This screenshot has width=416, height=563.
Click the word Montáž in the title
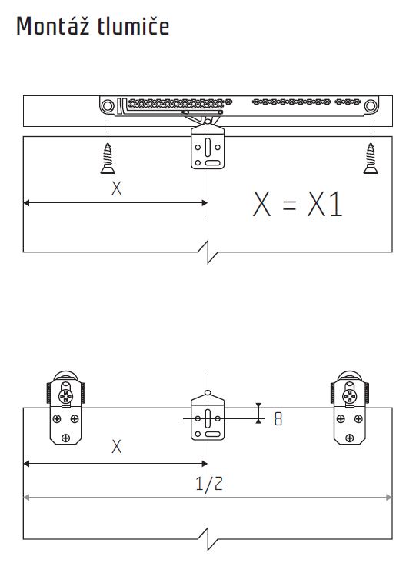coord(53,26)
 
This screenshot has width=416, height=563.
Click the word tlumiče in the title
coord(133,26)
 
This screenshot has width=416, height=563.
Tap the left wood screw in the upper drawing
coord(108,158)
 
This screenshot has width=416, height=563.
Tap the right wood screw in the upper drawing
coord(371,158)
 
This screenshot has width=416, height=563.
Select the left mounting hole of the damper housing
coord(108,106)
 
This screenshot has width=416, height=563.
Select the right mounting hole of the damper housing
coord(371,106)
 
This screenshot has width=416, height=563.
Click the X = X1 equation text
coord(298,204)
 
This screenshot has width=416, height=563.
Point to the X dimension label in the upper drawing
coord(116,188)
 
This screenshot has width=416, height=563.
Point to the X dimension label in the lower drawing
coord(116,447)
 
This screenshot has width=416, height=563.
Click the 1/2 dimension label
coord(209,484)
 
